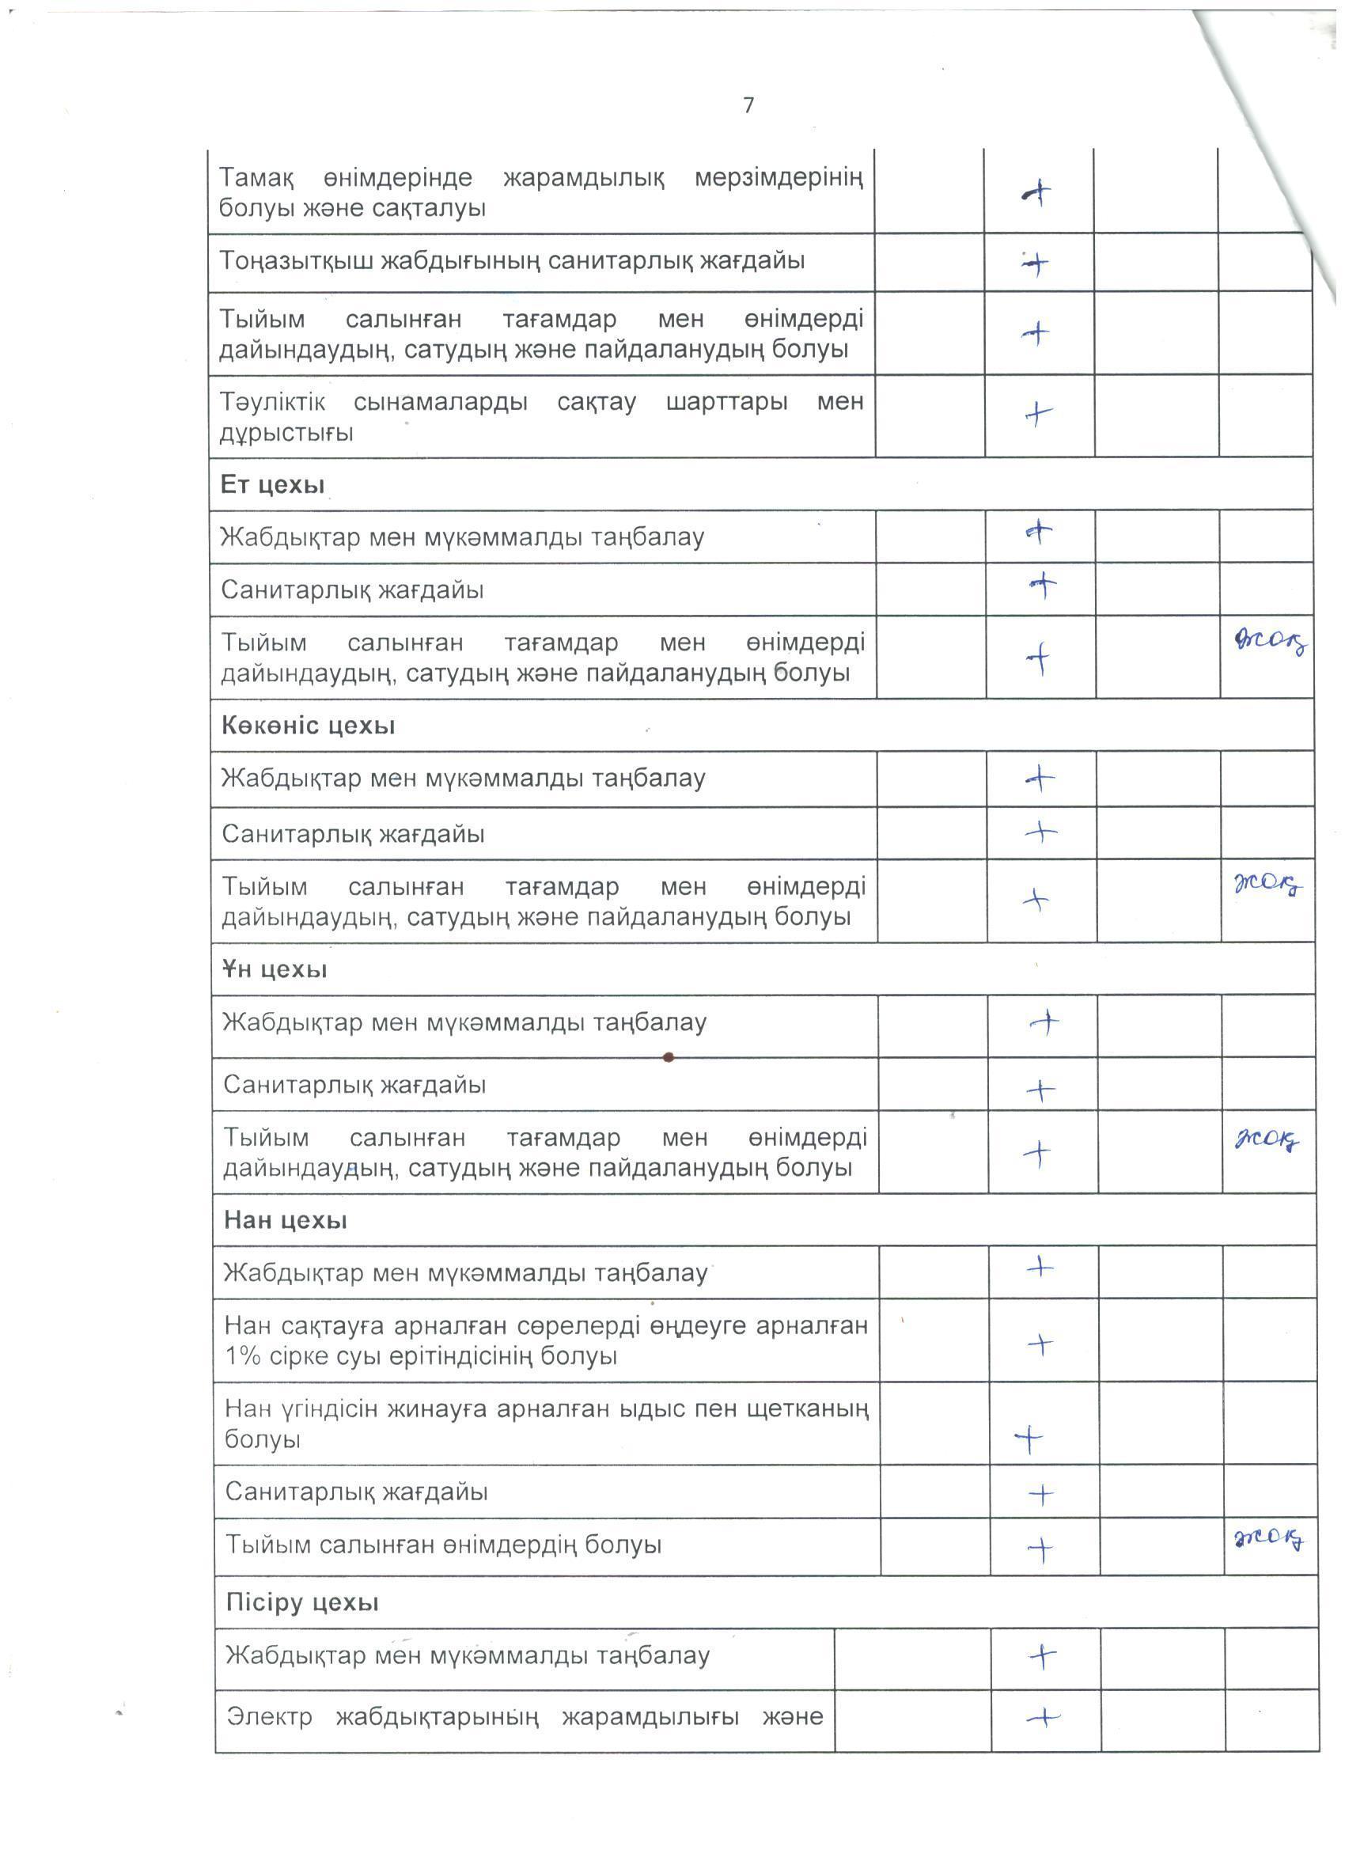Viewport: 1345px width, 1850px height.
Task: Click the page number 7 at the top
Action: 748,105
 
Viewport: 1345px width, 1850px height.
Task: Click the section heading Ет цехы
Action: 272,485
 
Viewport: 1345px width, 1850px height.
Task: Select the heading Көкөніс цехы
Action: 309,726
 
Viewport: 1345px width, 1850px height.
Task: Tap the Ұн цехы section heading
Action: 275,970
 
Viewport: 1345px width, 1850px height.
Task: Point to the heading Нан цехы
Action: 286,1221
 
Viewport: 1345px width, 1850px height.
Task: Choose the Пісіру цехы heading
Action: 301,1603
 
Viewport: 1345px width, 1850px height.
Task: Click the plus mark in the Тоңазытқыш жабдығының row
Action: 1035,263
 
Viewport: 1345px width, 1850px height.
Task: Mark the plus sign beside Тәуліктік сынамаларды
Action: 1037,415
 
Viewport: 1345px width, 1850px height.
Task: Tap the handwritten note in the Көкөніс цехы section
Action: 1267,884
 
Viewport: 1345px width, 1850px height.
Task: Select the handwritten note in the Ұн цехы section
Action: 1267,1139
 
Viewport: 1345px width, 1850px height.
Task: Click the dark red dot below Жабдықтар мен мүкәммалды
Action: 668,1058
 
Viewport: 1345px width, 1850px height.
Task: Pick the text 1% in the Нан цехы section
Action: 242,1356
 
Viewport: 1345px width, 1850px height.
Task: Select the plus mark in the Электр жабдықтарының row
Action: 1044,1718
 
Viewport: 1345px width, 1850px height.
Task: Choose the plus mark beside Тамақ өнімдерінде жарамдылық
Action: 1036,193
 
